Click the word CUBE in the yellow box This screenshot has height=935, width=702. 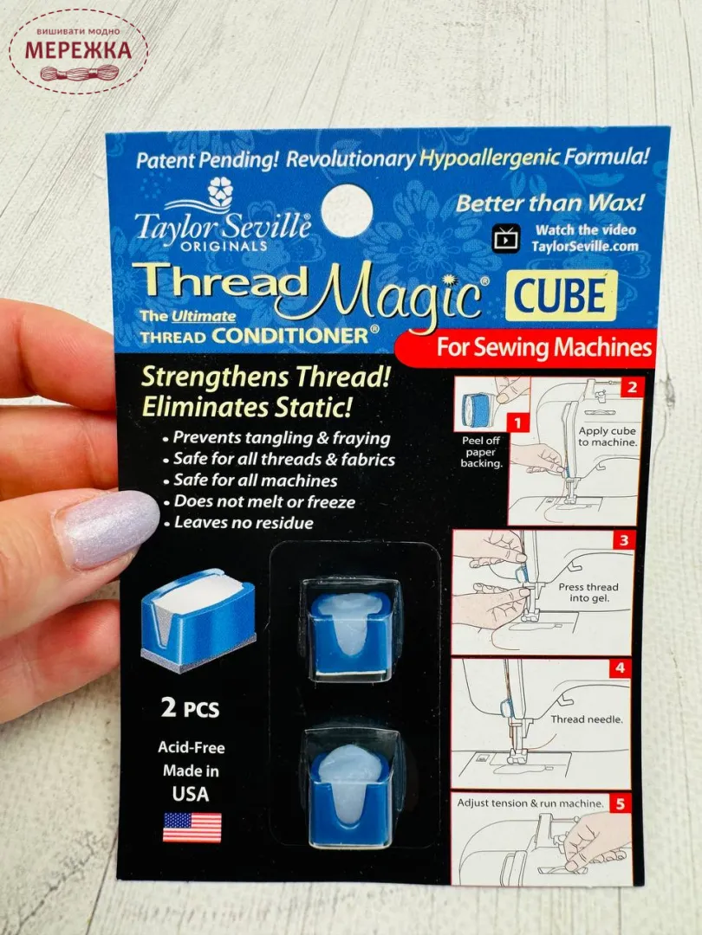[560, 296]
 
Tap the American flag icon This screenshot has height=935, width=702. [192, 827]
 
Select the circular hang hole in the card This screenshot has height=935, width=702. [347, 210]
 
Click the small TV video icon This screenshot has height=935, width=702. [506, 238]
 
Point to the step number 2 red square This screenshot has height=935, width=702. [632, 387]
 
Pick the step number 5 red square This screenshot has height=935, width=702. [621, 803]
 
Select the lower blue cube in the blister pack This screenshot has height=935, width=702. [350, 788]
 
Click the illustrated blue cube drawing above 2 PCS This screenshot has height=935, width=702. [198, 620]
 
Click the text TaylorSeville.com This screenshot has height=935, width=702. [584, 246]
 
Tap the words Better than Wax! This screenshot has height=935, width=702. [549, 203]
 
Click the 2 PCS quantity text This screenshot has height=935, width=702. [191, 708]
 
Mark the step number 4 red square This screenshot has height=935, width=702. [621, 667]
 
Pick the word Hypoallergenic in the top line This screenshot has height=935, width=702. [489, 158]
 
